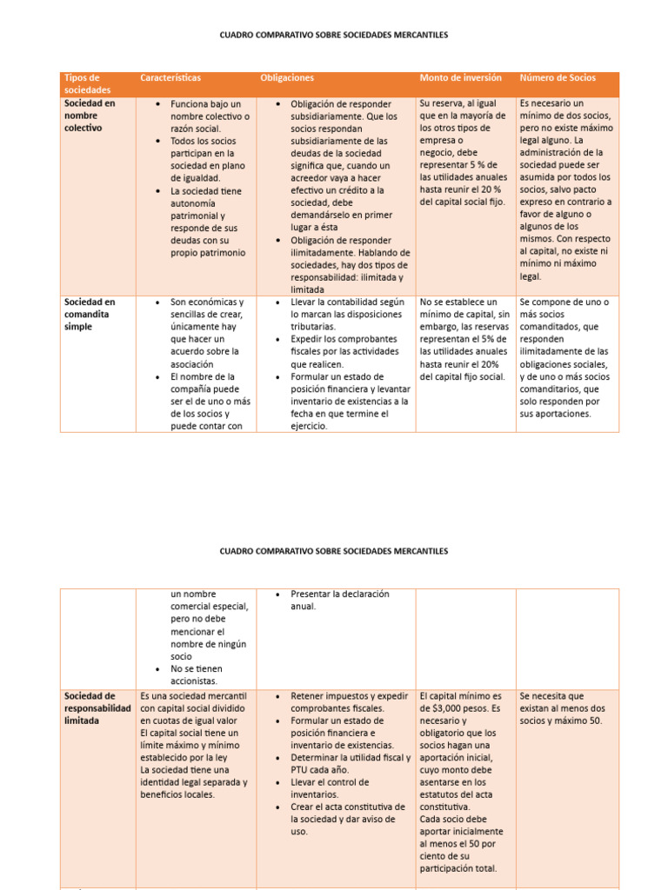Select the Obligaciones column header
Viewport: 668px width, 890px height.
(x=287, y=78)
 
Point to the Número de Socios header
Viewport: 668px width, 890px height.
(x=558, y=78)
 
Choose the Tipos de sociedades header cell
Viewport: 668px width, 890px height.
(x=83, y=83)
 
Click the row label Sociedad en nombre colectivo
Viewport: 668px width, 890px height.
(x=88, y=115)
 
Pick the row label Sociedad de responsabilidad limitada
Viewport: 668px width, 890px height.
(x=97, y=708)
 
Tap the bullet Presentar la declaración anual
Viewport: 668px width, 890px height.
(x=339, y=600)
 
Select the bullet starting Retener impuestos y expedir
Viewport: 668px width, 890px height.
(x=349, y=702)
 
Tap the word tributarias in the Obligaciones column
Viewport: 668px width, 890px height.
(x=313, y=327)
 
